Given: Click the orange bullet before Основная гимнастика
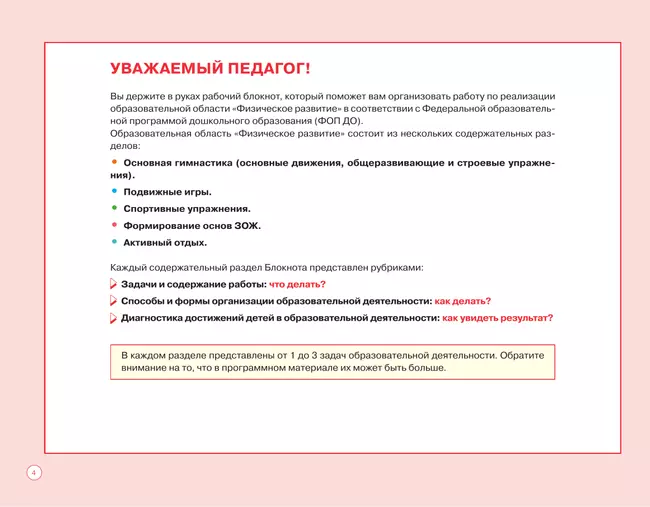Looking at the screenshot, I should (114, 160).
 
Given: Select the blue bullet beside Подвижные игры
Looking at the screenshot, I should (114, 191).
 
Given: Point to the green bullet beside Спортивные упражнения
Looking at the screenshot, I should (114, 208).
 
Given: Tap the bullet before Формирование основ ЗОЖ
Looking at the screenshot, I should (114, 225).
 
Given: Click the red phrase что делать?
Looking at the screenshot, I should (297, 284).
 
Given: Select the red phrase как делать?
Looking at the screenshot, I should (462, 301).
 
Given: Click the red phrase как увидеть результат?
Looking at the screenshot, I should (497, 318).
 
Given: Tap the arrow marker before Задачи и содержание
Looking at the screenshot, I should (113, 284).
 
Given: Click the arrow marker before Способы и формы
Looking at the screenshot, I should (113, 301).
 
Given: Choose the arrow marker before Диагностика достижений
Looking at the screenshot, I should (113, 318).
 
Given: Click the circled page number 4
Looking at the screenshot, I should (33, 471).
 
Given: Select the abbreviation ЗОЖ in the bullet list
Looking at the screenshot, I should (247, 225).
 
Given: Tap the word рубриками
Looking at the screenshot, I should (397, 267).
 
